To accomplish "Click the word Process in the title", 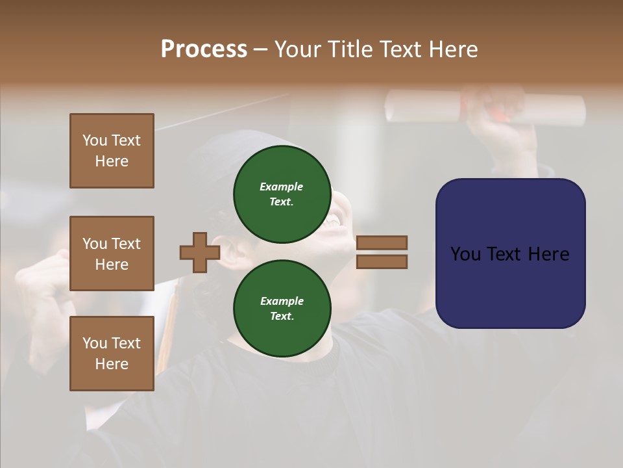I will coord(204,49).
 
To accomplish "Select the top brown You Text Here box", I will coord(112,151).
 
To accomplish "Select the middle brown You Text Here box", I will coord(112,253).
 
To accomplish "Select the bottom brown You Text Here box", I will coord(112,354).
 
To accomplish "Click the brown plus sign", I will coord(199,253).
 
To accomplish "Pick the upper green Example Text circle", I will coord(282,194).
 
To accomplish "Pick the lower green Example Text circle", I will coord(282,309).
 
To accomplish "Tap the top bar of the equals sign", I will coord(382,242).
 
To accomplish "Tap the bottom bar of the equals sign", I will coord(382,262).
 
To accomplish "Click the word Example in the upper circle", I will coord(281,187).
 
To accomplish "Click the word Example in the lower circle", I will coord(281,301).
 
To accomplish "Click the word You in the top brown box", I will coord(95,140).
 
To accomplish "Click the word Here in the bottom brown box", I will coord(112,364).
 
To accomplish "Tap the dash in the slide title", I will coord(260,49).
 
